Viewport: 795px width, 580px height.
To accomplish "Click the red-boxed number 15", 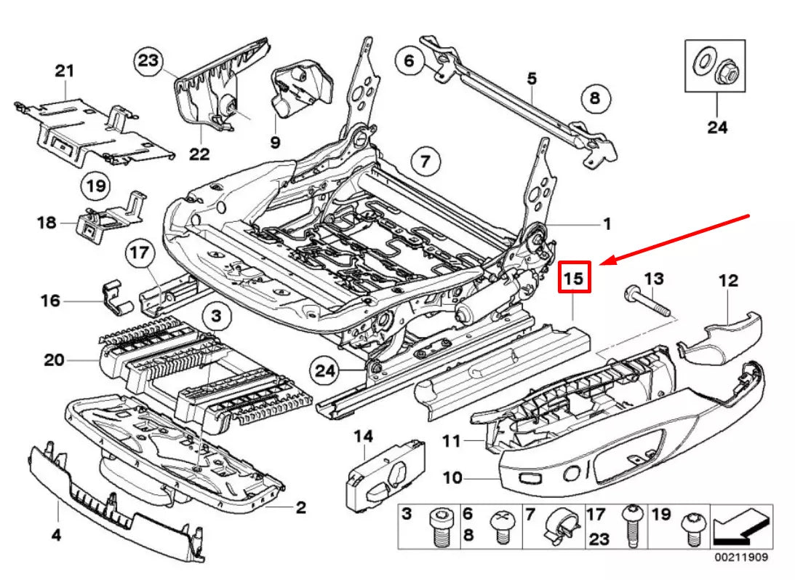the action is (574, 277).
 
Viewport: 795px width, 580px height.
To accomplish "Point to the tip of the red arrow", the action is (600, 264).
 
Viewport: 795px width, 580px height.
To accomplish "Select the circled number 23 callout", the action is (148, 61).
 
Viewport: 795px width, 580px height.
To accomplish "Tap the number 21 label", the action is (65, 71).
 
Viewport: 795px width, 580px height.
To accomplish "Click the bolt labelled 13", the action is (648, 302).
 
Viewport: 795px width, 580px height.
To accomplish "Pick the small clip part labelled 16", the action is (116, 298).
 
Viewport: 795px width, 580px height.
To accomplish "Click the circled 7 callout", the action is (425, 162).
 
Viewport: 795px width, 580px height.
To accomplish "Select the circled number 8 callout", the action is (595, 98).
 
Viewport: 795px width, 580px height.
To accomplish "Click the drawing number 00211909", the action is (741, 557).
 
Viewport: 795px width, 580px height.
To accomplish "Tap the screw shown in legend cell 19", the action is (691, 529).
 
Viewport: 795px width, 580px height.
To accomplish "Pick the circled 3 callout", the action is (217, 316).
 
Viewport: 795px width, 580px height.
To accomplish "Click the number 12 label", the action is (729, 281).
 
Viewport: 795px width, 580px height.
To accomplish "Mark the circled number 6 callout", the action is (410, 60).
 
